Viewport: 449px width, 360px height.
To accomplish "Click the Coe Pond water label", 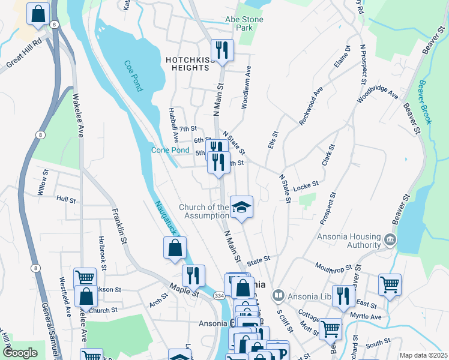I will [133, 76].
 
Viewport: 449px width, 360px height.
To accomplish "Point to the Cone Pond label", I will [170, 150].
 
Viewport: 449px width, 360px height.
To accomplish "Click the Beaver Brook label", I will [424, 102].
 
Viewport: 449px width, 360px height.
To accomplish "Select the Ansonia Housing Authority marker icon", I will [390, 240].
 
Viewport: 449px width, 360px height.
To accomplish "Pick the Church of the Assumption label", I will [204, 212].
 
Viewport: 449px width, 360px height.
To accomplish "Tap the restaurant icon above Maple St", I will [193, 275].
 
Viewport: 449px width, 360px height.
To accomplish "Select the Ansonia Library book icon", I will [278, 295].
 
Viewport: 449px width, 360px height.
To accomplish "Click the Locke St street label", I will [306, 188].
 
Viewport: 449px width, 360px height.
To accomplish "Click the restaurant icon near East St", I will [343, 296].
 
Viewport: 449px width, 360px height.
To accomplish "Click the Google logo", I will [20, 353].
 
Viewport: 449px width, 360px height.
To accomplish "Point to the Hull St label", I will [66, 198].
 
